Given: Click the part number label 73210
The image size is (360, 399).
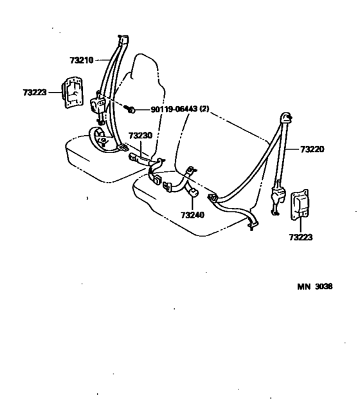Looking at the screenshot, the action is click(x=82, y=60).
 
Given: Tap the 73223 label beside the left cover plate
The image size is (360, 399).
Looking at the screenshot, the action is click(x=35, y=93).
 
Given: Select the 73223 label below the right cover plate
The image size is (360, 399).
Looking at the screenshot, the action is click(x=301, y=237).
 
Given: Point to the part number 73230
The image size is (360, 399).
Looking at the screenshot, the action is click(x=140, y=136).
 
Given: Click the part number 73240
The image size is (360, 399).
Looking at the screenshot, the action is click(x=192, y=215).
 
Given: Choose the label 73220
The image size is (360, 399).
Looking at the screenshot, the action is click(x=312, y=149).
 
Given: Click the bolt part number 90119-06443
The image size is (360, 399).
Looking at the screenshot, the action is click(x=174, y=109).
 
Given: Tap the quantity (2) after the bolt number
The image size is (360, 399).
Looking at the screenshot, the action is click(x=204, y=109).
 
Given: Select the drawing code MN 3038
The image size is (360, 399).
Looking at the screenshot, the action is click(x=315, y=286).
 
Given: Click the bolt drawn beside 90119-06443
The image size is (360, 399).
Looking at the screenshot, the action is click(x=130, y=109).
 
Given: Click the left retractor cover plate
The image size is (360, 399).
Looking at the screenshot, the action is click(x=73, y=92).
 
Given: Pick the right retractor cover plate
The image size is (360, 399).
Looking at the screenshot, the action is click(x=300, y=205).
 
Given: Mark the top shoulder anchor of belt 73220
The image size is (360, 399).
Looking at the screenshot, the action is click(x=286, y=118).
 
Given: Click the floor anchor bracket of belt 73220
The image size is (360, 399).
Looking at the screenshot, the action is click(x=253, y=225).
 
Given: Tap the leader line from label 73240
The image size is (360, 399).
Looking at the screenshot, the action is click(x=192, y=203).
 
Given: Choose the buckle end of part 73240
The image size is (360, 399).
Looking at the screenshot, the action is click(x=168, y=187).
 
